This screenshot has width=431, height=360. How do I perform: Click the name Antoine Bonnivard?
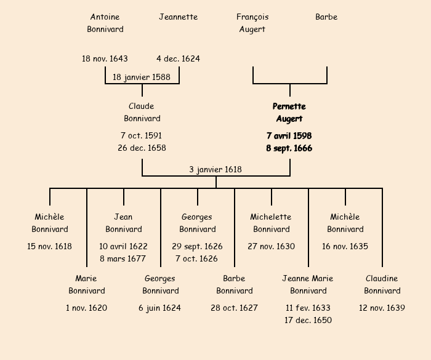point(105,23)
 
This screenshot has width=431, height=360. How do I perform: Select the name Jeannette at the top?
point(179,17)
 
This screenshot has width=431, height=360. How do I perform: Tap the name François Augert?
point(252,23)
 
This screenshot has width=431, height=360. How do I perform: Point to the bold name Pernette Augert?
point(289,113)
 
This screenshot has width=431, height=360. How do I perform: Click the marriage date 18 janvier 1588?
point(142,77)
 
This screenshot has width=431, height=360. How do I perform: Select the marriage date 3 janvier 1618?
point(216,169)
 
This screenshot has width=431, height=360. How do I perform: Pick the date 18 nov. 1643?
point(105,58)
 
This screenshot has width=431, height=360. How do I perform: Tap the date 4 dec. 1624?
point(179,58)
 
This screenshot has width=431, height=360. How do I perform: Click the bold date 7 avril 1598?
point(289,135)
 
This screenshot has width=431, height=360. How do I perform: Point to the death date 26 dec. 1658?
point(142,148)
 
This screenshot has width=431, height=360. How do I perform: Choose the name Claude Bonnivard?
point(142,112)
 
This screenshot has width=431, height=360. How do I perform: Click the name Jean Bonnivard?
point(124,223)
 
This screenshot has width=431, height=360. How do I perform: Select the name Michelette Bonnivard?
point(271,223)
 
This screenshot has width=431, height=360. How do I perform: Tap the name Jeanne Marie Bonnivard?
point(308,284)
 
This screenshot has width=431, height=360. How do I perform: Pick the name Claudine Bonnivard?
point(382,284)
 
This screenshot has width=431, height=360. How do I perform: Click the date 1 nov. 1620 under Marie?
point(87,308)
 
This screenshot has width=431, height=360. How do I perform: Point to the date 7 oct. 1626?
point(197,258)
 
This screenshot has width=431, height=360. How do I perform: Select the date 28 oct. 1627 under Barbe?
point(234,308)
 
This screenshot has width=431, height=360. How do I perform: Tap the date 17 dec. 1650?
point(308,320)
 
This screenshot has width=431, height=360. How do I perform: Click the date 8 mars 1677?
point(123,258)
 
